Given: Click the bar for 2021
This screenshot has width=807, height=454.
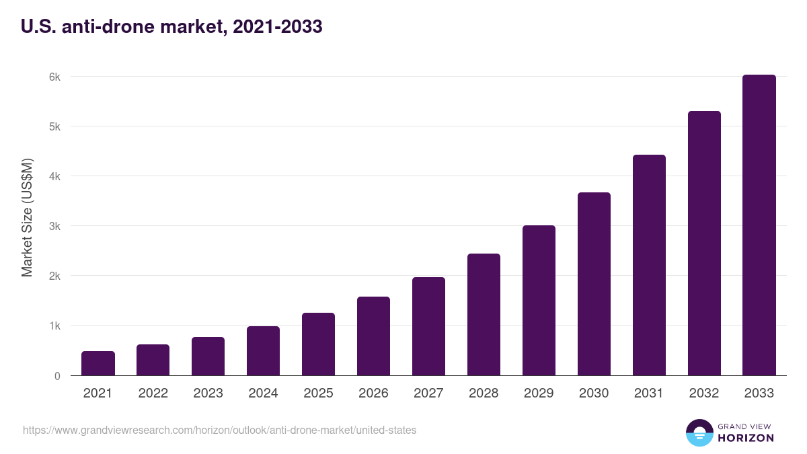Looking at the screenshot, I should pyautogui.click(x=98, y=363).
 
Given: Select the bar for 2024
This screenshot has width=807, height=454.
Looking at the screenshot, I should pyautogui.click(x=263, y=351).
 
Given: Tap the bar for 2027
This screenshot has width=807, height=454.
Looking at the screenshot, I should pyautogui.click(x=428, y=326).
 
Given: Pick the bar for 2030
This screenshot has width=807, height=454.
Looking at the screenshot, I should pyautogui.click(x=594, y=284).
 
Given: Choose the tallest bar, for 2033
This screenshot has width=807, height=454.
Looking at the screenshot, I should pyautogui.click(x=759, y=225).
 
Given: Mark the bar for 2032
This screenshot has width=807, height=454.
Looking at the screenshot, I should pyautogui.click(x=704, y=243).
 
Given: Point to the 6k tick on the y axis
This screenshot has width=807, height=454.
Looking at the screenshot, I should pyautogui.click(x=54, y=77).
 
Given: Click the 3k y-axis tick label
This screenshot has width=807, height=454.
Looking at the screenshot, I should pyautogui.click(x=54, y=226).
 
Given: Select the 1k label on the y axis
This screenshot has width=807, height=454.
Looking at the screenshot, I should pyautogui.click(x=54, y=326).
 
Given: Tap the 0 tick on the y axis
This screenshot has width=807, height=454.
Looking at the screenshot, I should pyautogui.click(x=57, y=376).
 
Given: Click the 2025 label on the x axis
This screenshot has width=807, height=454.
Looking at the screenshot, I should pyautogui.click(x=318, y=393).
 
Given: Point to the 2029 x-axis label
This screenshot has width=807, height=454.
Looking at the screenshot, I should pyautogui.click(x=539, y=393).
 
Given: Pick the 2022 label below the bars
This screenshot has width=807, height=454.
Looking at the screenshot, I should pyautogui.click(x=153, y=393).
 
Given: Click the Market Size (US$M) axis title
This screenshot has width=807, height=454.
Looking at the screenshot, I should pyautogui.click(x=27, y=217).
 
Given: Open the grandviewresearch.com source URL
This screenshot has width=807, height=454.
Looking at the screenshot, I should pyautogui.click(x=219, y=430).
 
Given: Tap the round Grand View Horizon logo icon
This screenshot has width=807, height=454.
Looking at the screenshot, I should pyautogui.click(x=699, y=432).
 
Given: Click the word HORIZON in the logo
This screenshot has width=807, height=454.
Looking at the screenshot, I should pyautogui.click(x=746, y=438).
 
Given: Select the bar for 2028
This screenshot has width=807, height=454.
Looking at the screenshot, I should pyautogui.click(x=484, y=314).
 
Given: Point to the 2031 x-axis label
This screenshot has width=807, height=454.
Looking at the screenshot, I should pyautogui.click(x=649, y=393).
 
